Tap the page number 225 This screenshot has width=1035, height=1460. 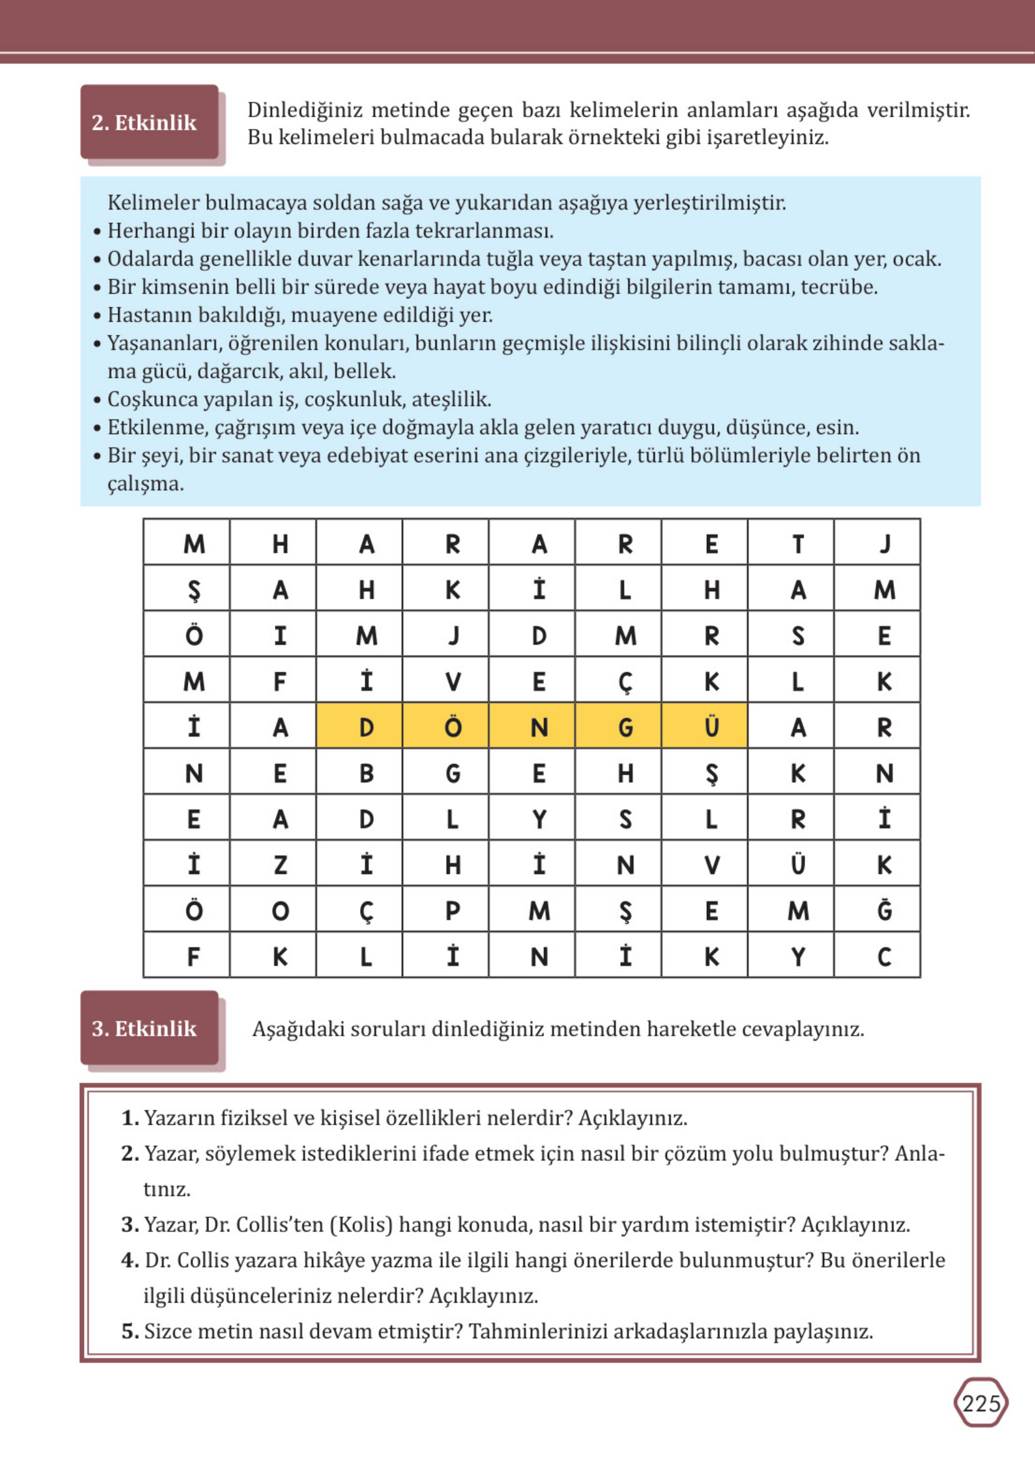pyautogui.click(x=981, y=1403)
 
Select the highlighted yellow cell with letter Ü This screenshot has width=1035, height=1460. pyautogui.click(x=711, y=726)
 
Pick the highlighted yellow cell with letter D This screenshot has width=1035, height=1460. pyautogui.click(x=366, y=726)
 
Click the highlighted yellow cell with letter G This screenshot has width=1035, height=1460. pyautogui.click(x=625, y=726)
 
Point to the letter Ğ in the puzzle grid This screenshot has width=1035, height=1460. pyautogui.click(x=884, y=910)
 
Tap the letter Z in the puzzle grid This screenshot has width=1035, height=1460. pyautogui.click(x=279, y=865)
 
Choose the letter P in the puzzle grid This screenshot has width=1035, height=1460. pyautogui.click(x=452, y=911)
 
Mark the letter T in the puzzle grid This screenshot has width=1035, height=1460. pyautogui.click(x=797, y=543)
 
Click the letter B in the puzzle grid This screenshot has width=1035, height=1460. pyautogui.click(x=366, y=773)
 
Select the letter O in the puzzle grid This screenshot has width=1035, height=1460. pyautogui.click(x=279, y=911)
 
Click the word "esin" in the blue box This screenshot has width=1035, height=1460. pyautogui.click(x=836, y=427)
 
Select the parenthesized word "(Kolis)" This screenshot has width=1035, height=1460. pyautogui.click(x=361, y=1224)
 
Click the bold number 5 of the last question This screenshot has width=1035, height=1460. pyautogui.click(x=129, y=1331)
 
